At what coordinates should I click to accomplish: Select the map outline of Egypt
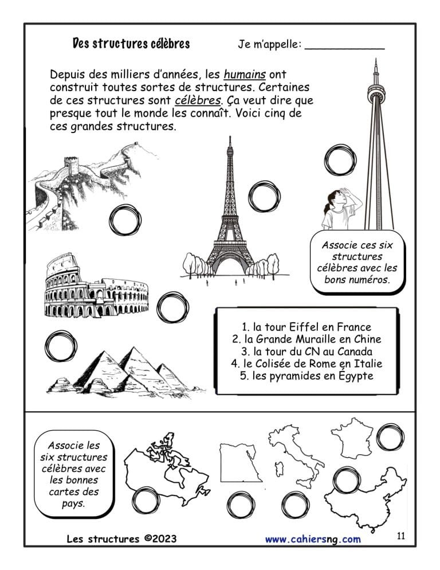pos(240,462)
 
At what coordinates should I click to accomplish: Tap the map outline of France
pos(351,439)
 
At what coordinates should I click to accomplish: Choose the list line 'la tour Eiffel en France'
pos(307,327)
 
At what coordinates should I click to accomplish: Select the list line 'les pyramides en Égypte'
pos(307,376)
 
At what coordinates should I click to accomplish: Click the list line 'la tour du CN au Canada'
pos(307,352)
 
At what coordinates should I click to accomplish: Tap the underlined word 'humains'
pos(245,75)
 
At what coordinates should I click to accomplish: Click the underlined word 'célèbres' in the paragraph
pos(198,100)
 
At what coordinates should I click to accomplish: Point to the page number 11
pos(401,536)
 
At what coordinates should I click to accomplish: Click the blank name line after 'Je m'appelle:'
pos(344,48)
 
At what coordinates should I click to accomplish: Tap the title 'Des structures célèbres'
pos(131,44)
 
